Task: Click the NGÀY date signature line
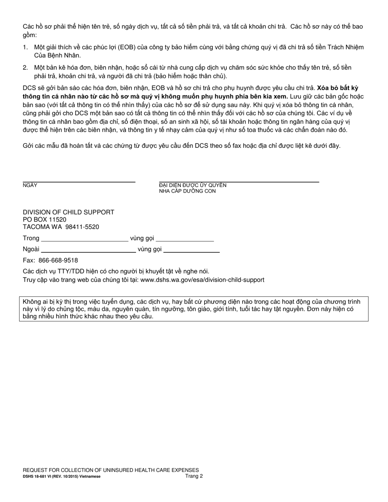[79, 182]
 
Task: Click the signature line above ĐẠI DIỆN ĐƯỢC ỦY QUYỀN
[239, 182]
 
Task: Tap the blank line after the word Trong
[85, 241]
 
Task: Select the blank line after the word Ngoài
[88, 252]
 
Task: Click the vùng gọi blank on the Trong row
[185, 241]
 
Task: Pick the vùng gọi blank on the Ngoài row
[191, 252]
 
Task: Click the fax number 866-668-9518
[58, 260]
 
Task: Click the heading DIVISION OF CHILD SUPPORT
[69, 212]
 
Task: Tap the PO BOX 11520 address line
[45, 220]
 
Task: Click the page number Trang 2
[194, 476]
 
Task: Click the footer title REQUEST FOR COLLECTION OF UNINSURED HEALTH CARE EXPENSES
[111, 470]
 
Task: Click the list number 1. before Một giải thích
[25, 47]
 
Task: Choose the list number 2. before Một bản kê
[25, 68]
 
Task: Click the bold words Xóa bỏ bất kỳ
[338, 88]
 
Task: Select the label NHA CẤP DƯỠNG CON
[187, 191]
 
